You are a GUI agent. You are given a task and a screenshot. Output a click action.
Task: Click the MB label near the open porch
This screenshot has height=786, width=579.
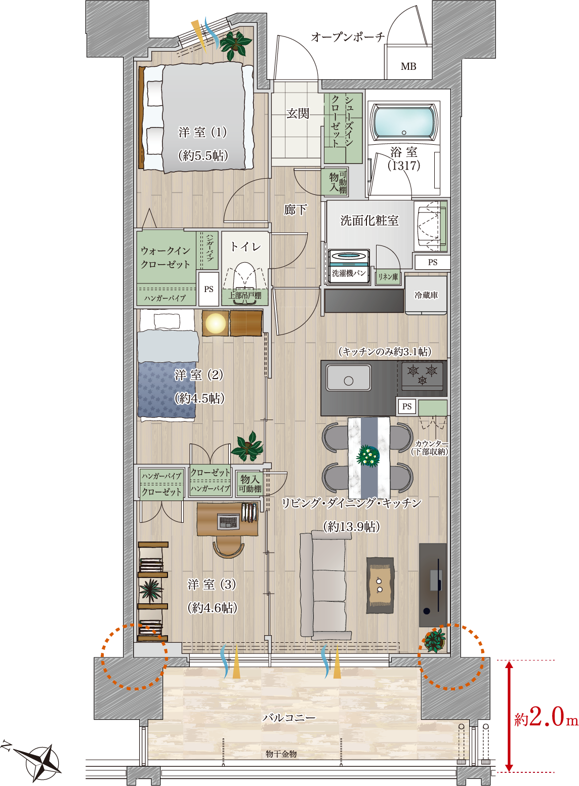pyautogui.click(x=408, y=66)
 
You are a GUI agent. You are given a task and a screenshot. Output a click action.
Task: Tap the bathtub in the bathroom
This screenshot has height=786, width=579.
pyautogui.click(x=404, y=121)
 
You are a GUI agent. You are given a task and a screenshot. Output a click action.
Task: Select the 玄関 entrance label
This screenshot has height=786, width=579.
pyautogui.click(x=298, y=113)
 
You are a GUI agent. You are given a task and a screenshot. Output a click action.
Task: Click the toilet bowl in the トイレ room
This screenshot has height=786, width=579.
pyautogui.click(x=244, y=279)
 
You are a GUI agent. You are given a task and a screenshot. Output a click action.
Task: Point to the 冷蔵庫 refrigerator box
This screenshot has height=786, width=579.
pyautogui.click(x=426, y=295)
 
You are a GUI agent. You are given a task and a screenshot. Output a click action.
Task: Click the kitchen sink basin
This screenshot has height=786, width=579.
pyautogui.click(x=348, y=378)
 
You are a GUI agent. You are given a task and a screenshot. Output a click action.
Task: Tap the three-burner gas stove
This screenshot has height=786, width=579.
pyautogui.click(x=422, y=376)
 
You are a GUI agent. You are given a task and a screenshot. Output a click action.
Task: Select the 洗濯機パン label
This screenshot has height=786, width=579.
pyautogui.click(x=348, y=273)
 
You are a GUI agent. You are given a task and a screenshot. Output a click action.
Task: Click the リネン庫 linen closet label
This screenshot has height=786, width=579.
pyautogui.click(x=388, y=277)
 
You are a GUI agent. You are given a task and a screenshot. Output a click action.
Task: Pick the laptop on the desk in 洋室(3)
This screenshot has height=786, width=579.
pyautogui.click(x=229, y=521)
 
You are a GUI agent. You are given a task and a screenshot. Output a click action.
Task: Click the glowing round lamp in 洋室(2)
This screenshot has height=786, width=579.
pyautogui.click(x=215, y=323)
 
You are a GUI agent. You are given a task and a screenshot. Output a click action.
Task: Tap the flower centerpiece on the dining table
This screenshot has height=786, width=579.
pyautogui.click(x=368, y=456)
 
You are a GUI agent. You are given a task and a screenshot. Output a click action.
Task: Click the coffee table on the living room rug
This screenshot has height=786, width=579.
pyautogui.click(x=380, y=585)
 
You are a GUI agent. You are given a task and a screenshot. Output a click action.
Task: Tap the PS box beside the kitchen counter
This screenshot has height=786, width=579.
pyautogui.click(x=407, y=406)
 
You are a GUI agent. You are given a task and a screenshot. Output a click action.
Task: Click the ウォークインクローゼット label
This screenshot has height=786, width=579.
pyautogui.click(x=166, y=257)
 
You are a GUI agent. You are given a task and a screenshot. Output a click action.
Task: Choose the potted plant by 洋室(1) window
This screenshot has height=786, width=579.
pyautogui.click(x=235, y=45)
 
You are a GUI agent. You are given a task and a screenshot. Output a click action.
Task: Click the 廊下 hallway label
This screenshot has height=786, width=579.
pyautogui.click(x=295, y=210)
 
